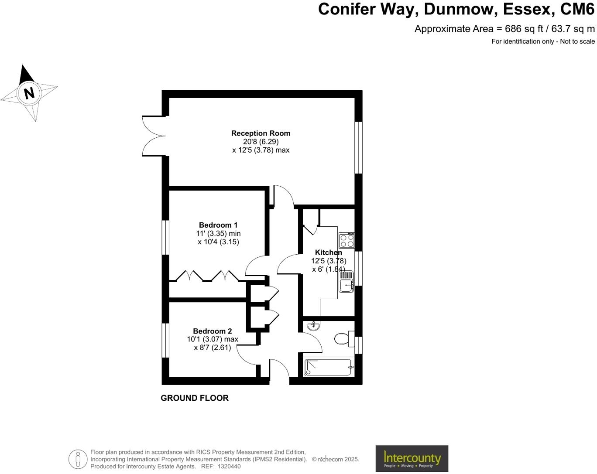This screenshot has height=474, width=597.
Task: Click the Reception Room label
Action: click(261, 133)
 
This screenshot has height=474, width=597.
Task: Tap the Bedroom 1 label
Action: click(218, 225)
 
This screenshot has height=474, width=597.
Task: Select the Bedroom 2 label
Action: click(213, 331)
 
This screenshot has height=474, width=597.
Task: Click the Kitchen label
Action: click(328, 252)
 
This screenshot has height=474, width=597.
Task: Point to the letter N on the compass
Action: click(29, 93)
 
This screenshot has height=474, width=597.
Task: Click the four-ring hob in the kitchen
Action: click(347, 241)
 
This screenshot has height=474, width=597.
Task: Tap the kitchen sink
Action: click(347, 282)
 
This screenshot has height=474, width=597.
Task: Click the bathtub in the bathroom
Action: click(328, 368)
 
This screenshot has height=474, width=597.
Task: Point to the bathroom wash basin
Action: click(313, 326)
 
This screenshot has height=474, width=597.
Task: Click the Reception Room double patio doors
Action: click(154, 136)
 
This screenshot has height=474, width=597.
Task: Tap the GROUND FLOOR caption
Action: click(195, 398)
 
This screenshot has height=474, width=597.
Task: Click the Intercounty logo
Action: click(412, 458)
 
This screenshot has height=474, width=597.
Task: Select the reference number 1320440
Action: click(230, 467)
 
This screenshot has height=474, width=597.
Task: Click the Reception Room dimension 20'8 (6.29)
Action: click(261, 142)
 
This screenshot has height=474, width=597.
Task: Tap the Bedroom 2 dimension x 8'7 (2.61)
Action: click(213, 348)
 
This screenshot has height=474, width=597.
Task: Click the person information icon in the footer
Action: click(78, 459)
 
